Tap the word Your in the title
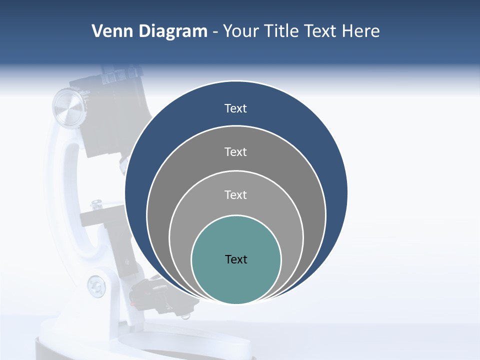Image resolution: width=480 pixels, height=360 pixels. [241, 31]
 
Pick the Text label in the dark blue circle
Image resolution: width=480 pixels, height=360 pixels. [235, 108]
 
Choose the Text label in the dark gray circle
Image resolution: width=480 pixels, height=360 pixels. [235, 151]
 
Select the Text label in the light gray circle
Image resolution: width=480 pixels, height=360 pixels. [235, 194]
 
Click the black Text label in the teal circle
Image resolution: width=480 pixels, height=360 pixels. [236, 259]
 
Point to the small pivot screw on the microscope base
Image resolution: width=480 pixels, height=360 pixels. [96, 286]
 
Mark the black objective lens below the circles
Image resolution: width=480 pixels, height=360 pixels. [150, 295]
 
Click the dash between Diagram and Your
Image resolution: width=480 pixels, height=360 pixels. [214, 31]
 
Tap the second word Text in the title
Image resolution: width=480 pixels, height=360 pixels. [322, 31]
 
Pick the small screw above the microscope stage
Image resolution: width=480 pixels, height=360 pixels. [96, 203]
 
